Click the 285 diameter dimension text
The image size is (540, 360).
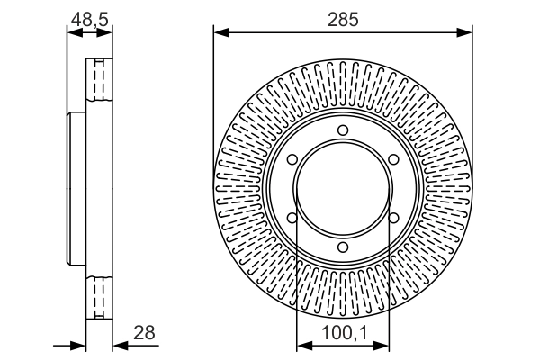click(x=343, y=20)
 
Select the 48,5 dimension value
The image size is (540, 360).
click(x=89, y=20)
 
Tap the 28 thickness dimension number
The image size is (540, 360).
click(x=144, y=333)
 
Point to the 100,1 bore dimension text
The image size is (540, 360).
click(x=345, y=333)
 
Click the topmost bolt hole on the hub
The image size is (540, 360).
click(x=343, y=130)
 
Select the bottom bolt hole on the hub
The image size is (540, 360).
click(x=343, y=247)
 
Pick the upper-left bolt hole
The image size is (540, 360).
click(x=292, y=159)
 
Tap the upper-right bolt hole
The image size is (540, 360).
click(x=393, y=159)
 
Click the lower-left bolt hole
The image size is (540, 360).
click(x=292, y=218)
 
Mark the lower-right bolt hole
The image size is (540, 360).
click(x=393, y=218)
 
